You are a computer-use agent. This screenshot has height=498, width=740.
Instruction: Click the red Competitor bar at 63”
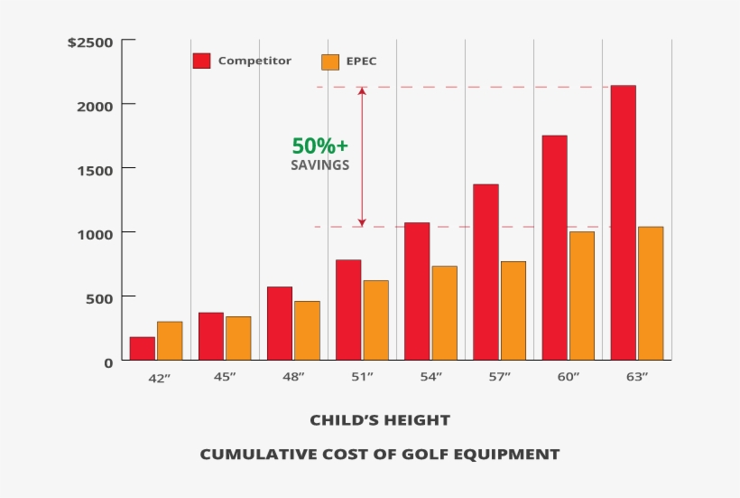623,222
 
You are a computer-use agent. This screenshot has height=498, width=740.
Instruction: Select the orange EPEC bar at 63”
650,293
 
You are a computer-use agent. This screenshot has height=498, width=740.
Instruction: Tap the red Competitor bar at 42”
143,349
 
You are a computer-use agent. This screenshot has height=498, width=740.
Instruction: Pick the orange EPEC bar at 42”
170,341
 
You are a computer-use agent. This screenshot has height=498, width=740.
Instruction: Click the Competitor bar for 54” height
417,291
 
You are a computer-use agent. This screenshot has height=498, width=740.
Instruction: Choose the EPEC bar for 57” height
513,310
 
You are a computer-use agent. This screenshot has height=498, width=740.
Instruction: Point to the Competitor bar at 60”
554,248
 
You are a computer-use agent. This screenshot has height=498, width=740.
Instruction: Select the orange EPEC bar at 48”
307,330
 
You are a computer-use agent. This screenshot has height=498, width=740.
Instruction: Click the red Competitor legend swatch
201,61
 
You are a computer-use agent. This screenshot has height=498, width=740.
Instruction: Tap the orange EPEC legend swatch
330,61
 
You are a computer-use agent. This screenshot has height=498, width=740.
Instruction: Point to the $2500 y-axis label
90,42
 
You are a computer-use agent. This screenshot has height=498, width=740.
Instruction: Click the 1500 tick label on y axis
95,169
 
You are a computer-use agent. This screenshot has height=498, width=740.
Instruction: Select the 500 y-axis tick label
100,297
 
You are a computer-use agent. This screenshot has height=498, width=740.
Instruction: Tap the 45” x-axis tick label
225,378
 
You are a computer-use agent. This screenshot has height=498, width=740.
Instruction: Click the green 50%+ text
319,146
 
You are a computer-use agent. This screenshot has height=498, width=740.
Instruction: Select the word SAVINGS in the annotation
319,165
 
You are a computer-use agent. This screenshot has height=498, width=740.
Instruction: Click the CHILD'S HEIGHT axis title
379,420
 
